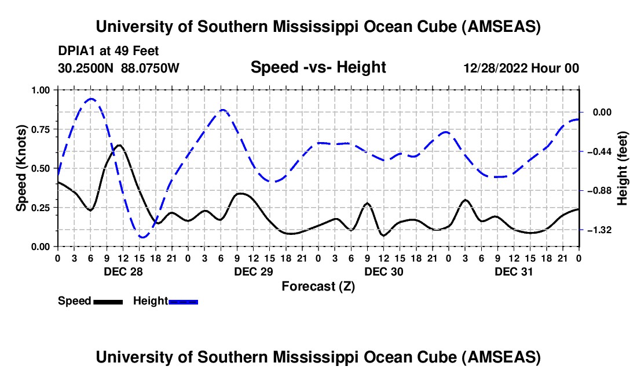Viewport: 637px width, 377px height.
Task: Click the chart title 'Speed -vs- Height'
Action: [x=318, y=68]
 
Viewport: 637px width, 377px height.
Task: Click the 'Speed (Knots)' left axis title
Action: [x=21, y=168]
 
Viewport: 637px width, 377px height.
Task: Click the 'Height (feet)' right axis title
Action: [x=623, y=168]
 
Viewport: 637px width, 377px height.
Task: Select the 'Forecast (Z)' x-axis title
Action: [x=318, y=286]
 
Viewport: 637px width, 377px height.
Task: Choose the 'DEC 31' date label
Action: [x=514, y=271]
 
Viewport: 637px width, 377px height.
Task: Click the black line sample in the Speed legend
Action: [x=108, y=301]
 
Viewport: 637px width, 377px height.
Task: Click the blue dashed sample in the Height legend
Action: [x=183, y=301]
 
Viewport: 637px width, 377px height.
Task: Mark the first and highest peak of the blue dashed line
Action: [x=91, y=99]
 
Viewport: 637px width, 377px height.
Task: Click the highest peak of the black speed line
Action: [x=119, y=145]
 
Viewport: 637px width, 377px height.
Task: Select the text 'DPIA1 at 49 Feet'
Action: [x=108, y=51]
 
